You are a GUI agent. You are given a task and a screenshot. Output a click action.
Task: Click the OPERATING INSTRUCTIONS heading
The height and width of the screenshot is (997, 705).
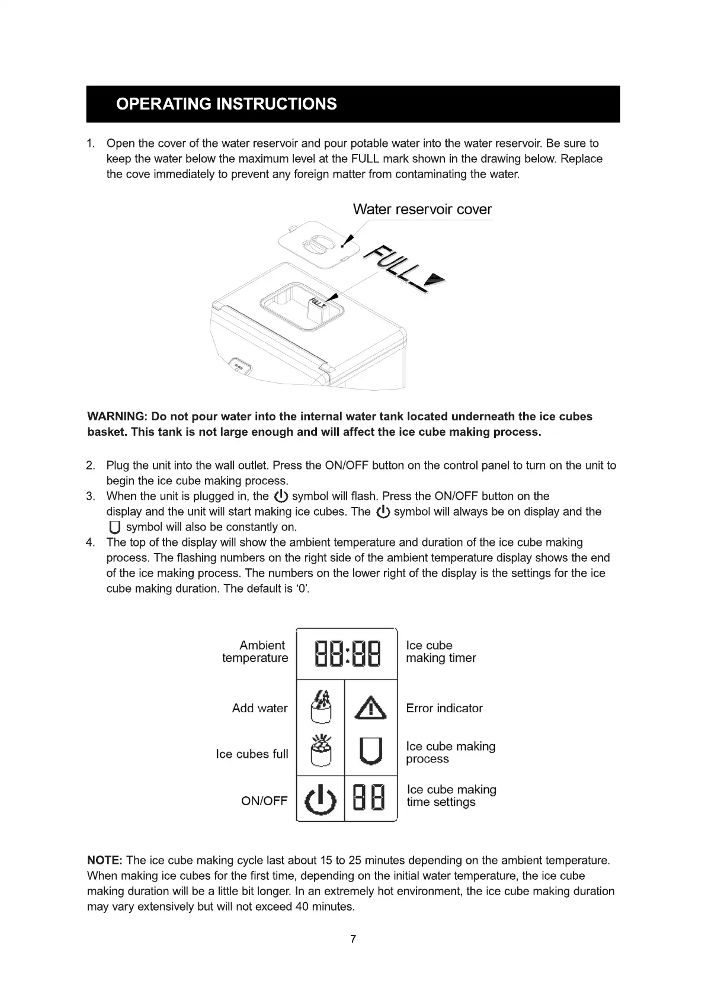(x=226, y=104)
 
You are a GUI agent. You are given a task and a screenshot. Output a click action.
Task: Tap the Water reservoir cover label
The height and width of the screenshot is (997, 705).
(x=422, y=210)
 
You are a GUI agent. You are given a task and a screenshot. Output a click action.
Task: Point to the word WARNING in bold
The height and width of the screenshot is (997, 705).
(x=116, y=417)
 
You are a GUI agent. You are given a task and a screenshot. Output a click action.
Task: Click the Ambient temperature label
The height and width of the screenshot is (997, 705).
(x=255, y=652)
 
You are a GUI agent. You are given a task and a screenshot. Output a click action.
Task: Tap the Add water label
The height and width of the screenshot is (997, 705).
(x=259, y=708)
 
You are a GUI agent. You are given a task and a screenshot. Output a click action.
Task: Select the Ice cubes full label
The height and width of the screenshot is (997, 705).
(x=252, y=754)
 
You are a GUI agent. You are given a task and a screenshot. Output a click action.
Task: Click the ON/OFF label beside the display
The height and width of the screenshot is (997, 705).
(x=264, y=801)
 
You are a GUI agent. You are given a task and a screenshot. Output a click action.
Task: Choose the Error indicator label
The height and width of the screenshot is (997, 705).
(x=444, y=708)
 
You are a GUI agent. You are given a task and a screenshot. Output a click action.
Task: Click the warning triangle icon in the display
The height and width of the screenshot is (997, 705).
(x=371, y=707)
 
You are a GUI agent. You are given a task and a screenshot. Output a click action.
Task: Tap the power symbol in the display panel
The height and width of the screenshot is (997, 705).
(x=320, y=799)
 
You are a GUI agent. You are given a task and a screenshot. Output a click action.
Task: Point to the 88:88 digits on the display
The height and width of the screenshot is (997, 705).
(x=347, y=653)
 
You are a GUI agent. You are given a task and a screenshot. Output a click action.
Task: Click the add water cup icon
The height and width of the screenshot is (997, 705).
(x=321, y=707)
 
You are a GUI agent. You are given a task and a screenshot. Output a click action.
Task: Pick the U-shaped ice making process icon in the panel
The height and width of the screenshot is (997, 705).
(x=371, y=752)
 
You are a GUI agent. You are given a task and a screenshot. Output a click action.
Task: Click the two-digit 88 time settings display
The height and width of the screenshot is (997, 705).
(x=370, y=797)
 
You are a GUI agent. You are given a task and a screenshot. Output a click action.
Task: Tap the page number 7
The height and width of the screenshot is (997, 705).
(x=353, y=939)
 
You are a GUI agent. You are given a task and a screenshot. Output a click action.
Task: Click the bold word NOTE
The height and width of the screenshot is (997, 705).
(x=105, y=860)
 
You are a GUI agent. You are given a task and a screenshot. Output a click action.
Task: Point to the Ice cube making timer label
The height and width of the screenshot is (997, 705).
(x=441, y=652)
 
